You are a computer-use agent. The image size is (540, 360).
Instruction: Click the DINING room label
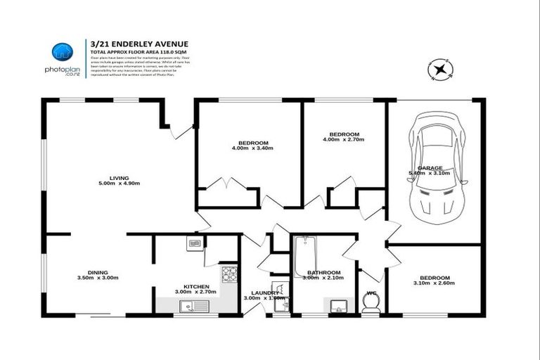[x=97, y=273]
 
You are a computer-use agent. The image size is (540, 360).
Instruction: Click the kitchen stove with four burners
[x=229, y=274]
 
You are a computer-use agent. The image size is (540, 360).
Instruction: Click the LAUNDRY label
[x=264, y=292]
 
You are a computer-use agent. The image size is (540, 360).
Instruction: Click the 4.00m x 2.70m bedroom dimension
[x=345, y=140]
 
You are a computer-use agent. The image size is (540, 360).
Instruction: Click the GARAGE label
[x=430, y=168]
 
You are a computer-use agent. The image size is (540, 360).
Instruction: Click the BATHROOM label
[x=322, y=272]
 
